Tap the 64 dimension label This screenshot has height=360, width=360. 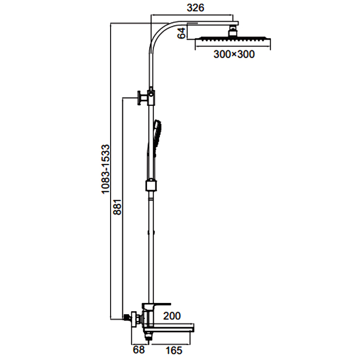click(x=181, y=33)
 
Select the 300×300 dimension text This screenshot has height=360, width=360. click(x=234, y=56)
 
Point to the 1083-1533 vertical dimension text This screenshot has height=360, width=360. click(x=104, y=169)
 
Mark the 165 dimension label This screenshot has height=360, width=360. click(x=173, y=350)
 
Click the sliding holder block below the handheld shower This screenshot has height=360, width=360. click(x=151, y=185)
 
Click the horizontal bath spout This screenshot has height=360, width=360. click(x=175, y=326)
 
